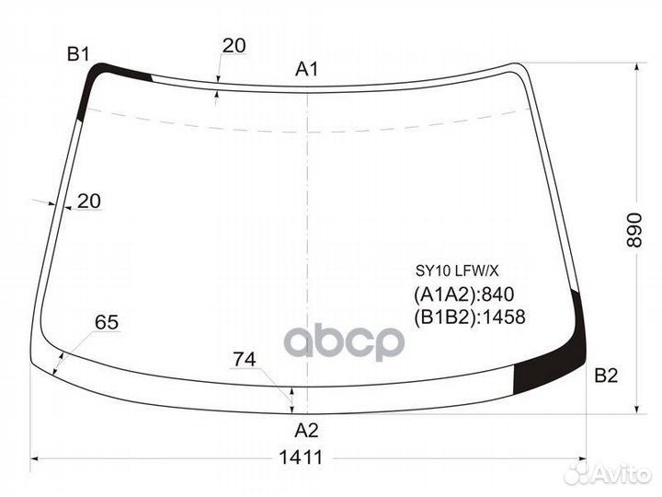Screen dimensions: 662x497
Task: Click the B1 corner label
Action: [x=78, y=54]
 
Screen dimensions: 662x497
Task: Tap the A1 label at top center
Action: [x=306, y=69]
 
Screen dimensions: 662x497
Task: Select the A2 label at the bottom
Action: [x=306, y=431]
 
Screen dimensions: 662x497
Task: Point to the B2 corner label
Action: [x=606, y=376]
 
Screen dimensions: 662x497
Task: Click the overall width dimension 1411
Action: [x=301, y=457]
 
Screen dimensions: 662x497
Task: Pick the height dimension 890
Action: [x=634, y=230]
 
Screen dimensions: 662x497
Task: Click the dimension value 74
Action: [x=245, y=360]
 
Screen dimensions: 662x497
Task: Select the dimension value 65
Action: [x=107, y=322]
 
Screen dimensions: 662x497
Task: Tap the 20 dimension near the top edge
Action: [x=234, y=46]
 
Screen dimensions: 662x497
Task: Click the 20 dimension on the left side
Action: [x=89, y=202]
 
